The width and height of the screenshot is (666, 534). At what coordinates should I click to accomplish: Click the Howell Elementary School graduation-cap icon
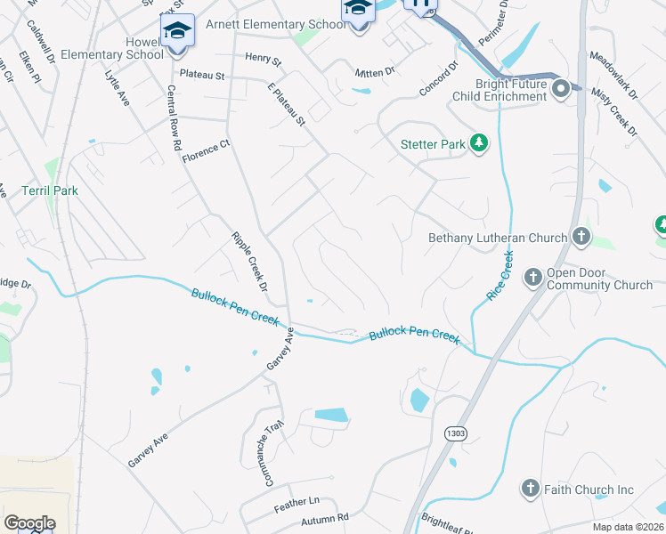coord(177,31)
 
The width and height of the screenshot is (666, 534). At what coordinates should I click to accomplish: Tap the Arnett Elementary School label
coord(275,24)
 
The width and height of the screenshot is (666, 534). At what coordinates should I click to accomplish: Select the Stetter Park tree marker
coord(479,143)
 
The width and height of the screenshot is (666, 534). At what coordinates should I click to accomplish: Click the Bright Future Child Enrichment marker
coord(561,88)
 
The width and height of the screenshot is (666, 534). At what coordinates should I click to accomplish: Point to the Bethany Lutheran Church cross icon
coord(581,237)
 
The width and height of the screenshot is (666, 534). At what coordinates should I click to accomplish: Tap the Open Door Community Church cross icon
coord(532,278)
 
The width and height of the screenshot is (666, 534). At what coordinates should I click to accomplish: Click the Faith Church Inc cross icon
coord(530,489)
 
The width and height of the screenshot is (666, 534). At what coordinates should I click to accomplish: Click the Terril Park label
coord(51,190)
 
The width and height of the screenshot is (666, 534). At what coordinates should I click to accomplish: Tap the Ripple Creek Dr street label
coord(250,262)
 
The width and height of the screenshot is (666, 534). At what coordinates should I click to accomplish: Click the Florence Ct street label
coord(206,151)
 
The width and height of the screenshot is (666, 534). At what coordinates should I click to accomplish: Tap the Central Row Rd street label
coord(175,117)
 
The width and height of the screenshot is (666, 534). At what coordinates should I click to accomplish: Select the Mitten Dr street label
coord(374,72)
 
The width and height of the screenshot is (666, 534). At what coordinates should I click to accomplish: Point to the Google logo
coord(29,523)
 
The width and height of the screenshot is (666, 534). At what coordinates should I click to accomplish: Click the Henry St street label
coord(263,60)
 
